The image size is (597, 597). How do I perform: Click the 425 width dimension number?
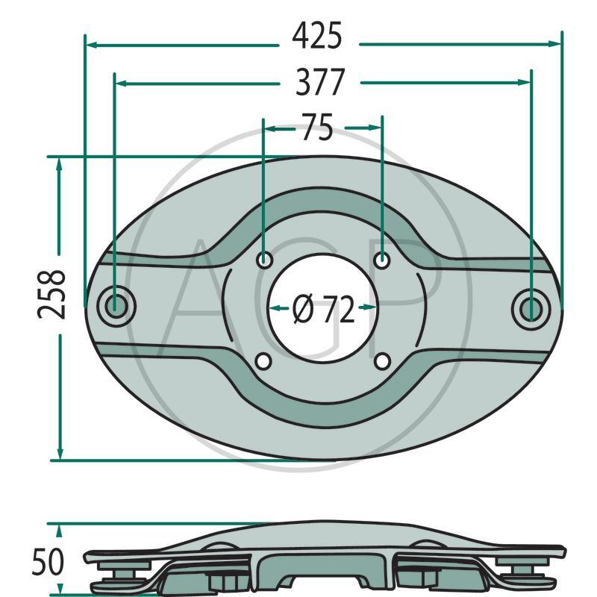tap(317, 36)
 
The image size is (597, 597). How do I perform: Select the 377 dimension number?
tap(320, 82)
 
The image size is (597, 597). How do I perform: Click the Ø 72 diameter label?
tap(324, 309)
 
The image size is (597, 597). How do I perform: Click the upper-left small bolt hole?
tap(263, 260)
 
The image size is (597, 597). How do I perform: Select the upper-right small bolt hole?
tap(382, 260)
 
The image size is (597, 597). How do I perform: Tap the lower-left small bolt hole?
tap(263, 362)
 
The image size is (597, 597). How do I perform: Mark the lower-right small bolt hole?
tap(382, 362)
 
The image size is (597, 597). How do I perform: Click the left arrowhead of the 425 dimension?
tap(92, 45)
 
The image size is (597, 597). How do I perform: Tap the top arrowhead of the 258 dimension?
tap(60, 163)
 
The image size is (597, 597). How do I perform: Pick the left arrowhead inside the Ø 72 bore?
tap(275, 307)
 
